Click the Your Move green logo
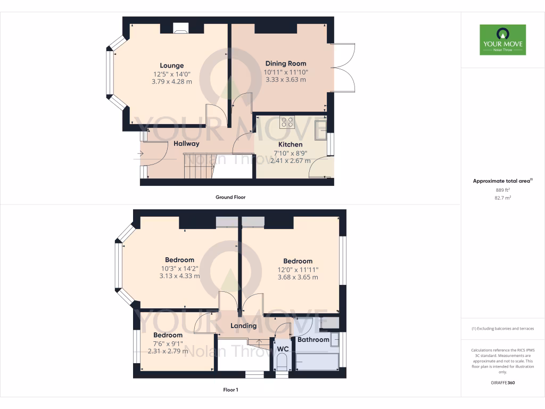(x=502, y=39)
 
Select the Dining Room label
(x=286, y=63)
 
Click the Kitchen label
(x=291, y=144)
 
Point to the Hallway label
(x=186, y=144)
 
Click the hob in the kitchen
(x=287, y=122)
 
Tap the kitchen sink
(x=320, y=129)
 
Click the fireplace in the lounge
(x=180, y=30)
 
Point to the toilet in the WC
(x=283, y=363)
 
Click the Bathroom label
(x=313, y=339)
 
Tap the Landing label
(x=244, y=325)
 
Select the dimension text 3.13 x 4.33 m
(x=179, y=276)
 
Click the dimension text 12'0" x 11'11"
(x=298, y=269)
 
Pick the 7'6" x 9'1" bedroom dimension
(x=168, y=343)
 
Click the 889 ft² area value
(x=502, y=190)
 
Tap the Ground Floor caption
(x=230, y=197)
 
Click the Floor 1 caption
(x=230, y=390)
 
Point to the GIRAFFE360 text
(x=502, y=382)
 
